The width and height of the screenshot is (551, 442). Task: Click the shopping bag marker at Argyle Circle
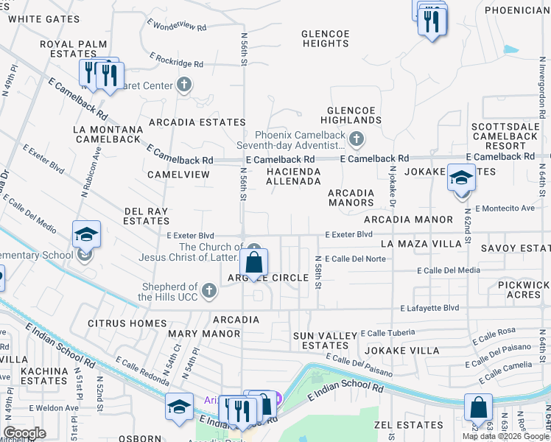[x=253, y=263]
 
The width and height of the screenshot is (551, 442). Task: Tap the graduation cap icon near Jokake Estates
[x=461, y=179]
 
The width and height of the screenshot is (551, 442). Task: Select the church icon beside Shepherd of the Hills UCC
[x=209, y=291]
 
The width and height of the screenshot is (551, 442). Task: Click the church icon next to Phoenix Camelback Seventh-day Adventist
[x=356, y=138]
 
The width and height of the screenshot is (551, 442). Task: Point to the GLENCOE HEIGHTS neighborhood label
[x=325, y=38]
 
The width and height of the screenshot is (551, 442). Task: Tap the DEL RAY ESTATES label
[x=147, y=216]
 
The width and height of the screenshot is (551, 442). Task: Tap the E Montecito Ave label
[x=505, y=208]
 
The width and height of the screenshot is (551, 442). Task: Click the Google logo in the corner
[x=24, y=433]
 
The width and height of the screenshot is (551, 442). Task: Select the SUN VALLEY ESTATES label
[x=325, y=340]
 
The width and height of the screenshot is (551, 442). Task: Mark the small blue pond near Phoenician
[x=510, y=50]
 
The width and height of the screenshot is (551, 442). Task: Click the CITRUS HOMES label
[x=127, y=323]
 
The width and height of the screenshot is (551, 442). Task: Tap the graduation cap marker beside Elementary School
[x=86, y=235]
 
